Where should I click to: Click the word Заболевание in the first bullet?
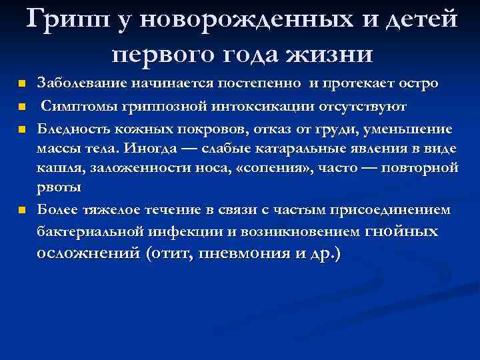pos(78,84)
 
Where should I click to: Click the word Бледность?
pos(71,128)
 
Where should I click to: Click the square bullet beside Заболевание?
pos(22,85)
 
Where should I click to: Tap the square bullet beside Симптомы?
pos(22,107)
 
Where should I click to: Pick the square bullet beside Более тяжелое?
pos(22,211)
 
